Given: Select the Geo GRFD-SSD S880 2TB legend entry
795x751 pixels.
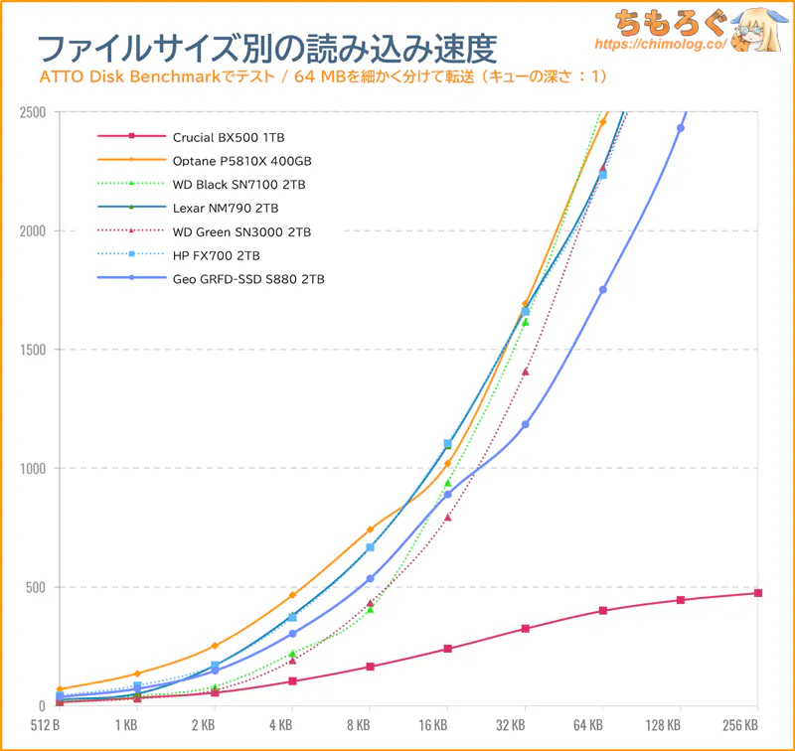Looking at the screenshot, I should pyautogui.click(x=247, y=279).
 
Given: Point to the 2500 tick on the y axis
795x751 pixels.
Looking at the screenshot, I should pyautogui.click(x=33, y=112).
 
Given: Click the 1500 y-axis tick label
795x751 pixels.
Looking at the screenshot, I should pyautogui.click(x=33, y=350).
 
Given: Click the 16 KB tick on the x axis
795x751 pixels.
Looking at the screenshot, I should pyautogui.click(x=447, y=725).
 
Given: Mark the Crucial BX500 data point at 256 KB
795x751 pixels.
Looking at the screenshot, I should pyautogui.click(x=758, y=593).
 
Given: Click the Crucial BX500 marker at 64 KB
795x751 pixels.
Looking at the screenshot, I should pyautogui.click(x=603, y=611).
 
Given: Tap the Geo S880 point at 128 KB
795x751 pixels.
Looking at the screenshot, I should pyautogui.click(x=681, y=128).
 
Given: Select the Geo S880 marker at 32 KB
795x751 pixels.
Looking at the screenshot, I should pyautogui.click(x=526, y=424).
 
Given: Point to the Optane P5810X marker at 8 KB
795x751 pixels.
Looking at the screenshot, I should pyautogui.click(x=370, y=529).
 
